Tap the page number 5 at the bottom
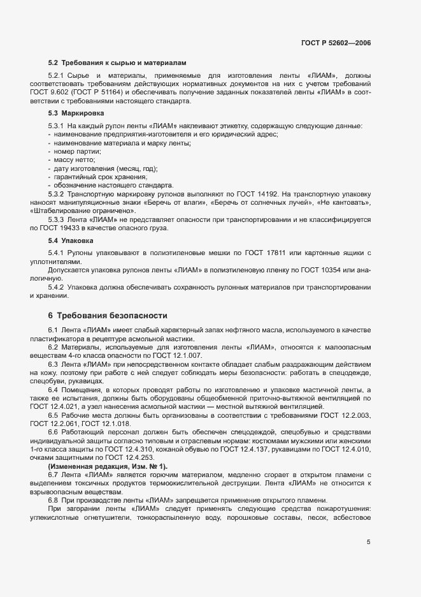[368, 542]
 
